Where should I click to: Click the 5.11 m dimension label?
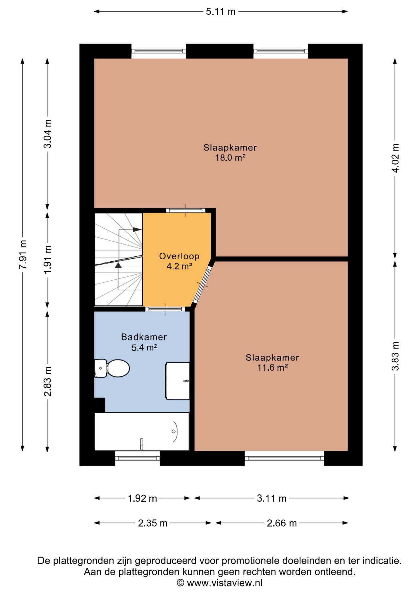click(221, 12)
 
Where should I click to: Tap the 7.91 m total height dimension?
click(23, 254)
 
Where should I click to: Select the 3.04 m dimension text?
click(47, 134)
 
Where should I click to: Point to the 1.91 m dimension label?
click(47, 259)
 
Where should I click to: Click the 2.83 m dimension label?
click(47, 381)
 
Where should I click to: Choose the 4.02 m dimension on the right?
click(395, 158)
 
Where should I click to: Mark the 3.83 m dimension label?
click(395, 356)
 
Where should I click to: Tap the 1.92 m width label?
click(142, 498)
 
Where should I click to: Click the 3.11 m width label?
click(272, 498)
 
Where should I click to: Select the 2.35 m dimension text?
click(152, 523)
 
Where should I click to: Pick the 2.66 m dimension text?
click(282, 523)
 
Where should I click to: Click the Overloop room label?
click(179, 256)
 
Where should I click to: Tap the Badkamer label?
click(144, 337)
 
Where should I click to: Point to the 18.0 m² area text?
click(230, 158)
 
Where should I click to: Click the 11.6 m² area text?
click(272, 368)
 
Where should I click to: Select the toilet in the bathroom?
click(112, 368)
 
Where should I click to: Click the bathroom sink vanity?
click(178, 381)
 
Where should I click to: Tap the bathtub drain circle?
click(174, 431)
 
